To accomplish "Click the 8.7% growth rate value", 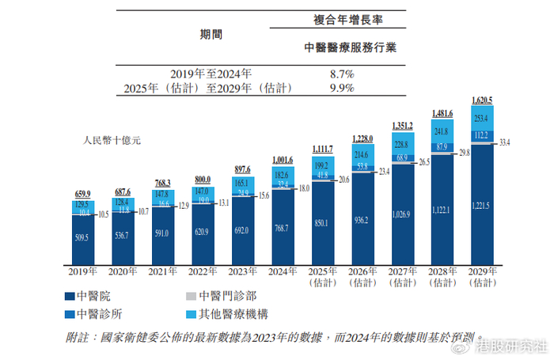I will click(341, 74).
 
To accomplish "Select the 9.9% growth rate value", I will click(341, 87).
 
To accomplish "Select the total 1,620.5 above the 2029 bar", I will click(481, 100).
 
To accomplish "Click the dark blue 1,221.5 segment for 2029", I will click(481, 206).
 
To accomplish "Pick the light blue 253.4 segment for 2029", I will click(481, 117).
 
